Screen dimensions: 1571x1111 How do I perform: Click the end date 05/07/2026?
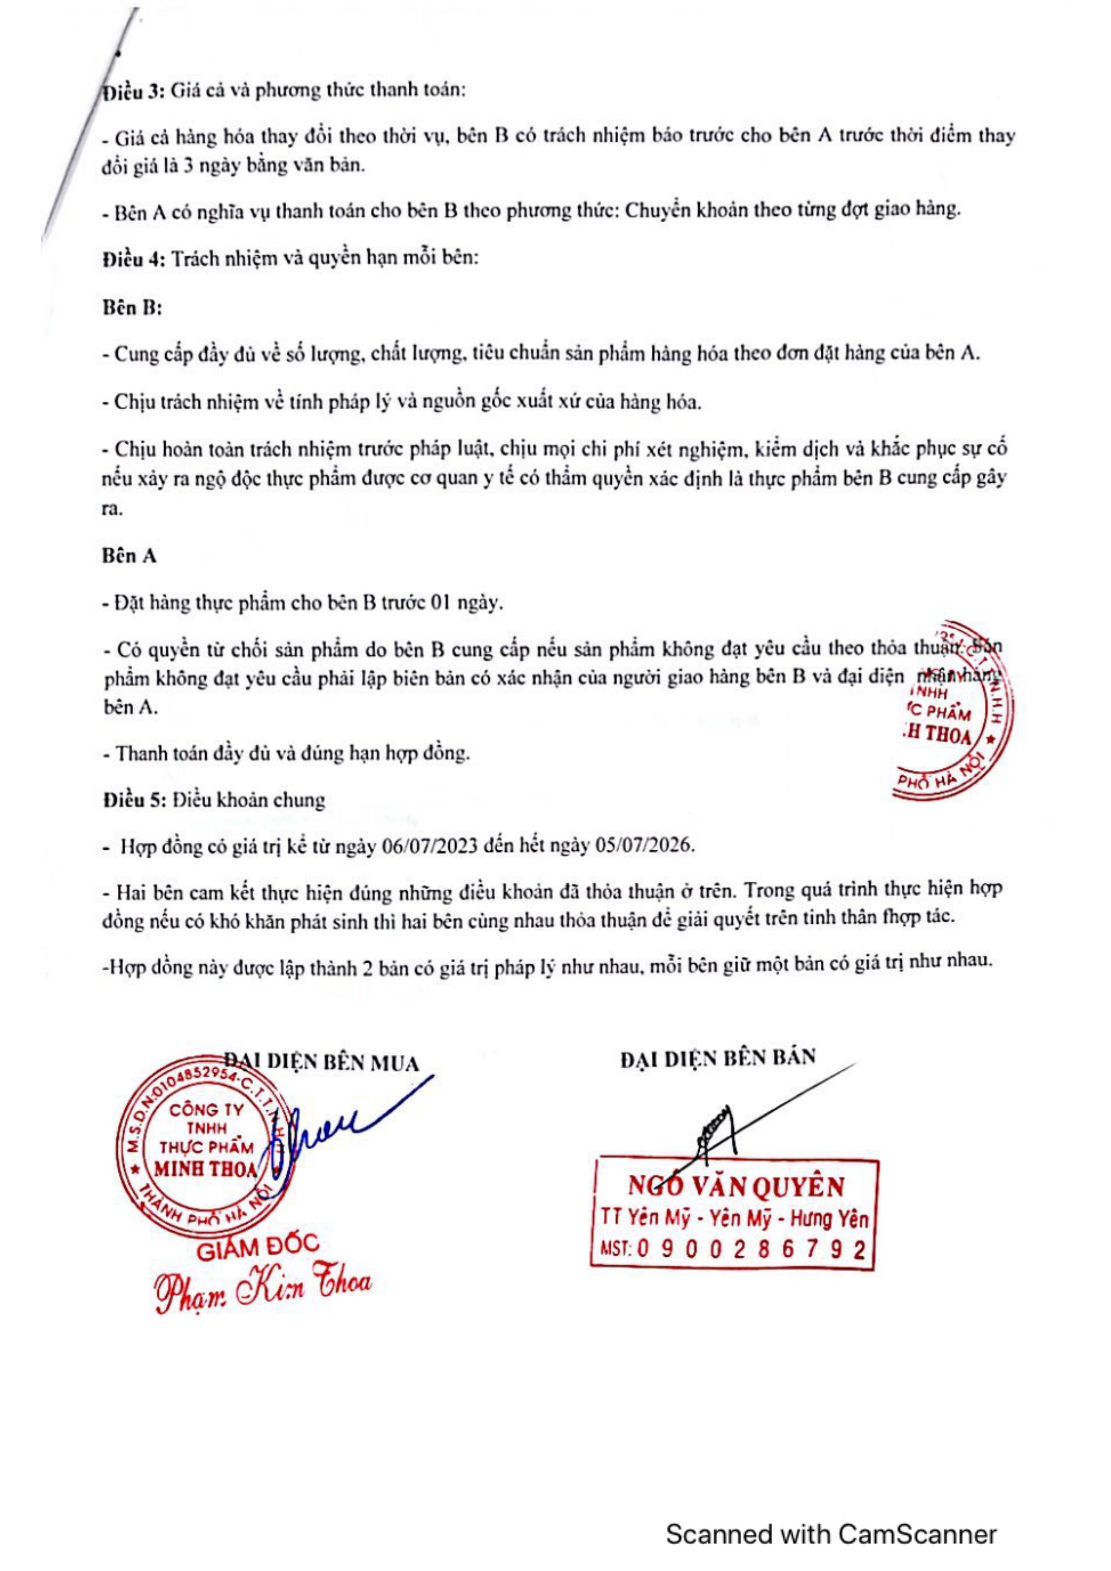click(x=652, y=847)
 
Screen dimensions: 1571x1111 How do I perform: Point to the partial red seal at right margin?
click(x=952, y=711)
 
